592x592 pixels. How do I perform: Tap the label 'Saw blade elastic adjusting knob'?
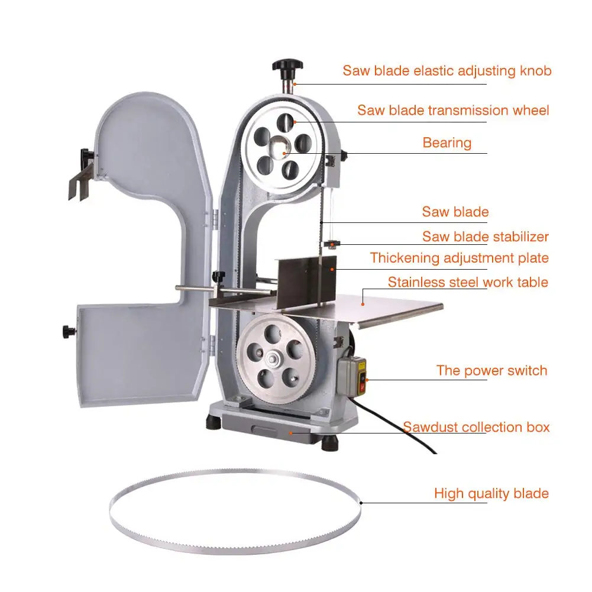(x=447, y=71)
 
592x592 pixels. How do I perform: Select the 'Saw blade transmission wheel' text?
(x=453, y=111)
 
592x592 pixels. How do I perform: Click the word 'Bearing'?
(x=447, y=143)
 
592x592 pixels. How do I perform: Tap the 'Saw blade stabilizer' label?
(x=485, y=237)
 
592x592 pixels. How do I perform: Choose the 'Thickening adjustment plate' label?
(x=459, y=258)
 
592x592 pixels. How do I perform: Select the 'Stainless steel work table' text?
(x=468, y=282)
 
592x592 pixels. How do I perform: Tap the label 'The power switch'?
(x=491, y=371)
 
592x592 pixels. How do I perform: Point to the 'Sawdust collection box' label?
(x=476, y=427)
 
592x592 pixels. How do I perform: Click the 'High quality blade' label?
(x=491, y=493)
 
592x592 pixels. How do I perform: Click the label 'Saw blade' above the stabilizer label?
(x=455, y=212)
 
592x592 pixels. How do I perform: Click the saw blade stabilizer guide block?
(x=332, y=244)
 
